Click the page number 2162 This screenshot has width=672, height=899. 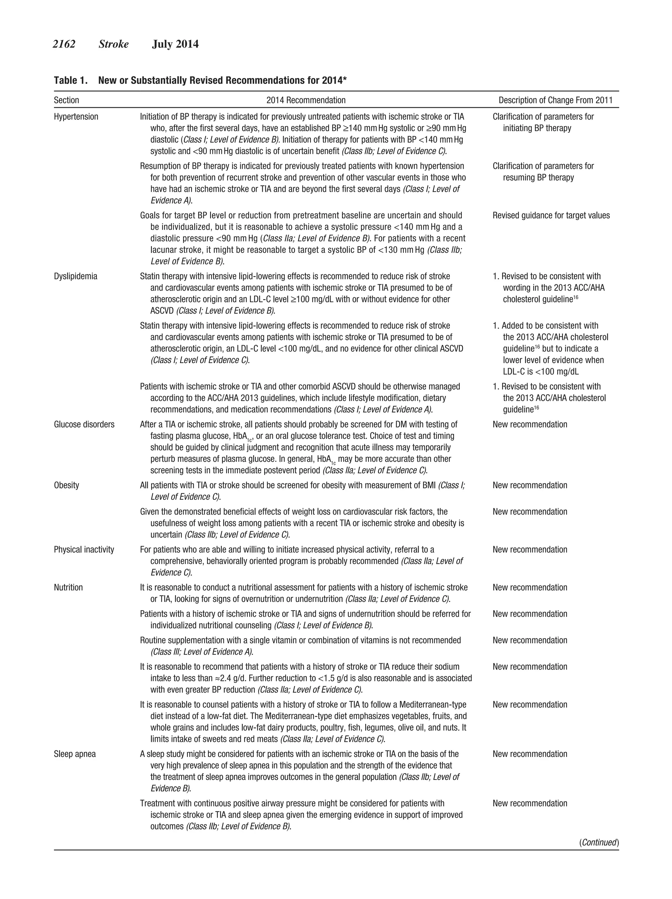[x=64, y=44]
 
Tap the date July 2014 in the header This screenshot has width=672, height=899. [x=175, y=44]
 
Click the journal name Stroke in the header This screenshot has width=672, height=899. [x=114, y=44]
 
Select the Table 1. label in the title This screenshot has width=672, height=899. [x=71, y=80]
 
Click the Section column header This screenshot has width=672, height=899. [x=66, y=100]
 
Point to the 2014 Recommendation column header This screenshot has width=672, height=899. [x=306, y=100]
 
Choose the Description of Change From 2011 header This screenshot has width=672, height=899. [x=555, y=100]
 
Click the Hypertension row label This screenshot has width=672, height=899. [x=76, y=117]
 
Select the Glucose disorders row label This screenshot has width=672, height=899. [x=84, y=425]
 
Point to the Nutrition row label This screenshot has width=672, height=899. [x=68, y=588]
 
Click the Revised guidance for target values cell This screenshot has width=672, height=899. [x=551, y=216]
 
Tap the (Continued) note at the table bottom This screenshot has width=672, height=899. [x=599, y=843]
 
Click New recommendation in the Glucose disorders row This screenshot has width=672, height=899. [x=530, y=425]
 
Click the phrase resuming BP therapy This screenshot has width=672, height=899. [x=538, y=178]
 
